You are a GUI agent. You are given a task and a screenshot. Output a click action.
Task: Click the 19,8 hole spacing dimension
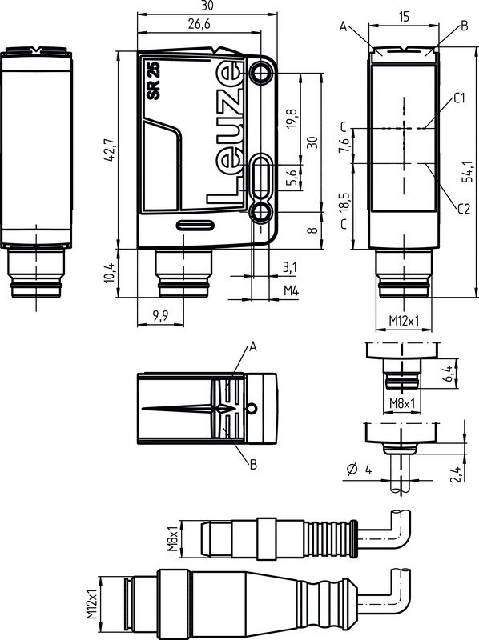click(x=292, y=118)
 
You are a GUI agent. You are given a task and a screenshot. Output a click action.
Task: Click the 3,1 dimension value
click(x=289, y=266)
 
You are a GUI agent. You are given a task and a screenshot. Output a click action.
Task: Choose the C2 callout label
click(x=462, y=210)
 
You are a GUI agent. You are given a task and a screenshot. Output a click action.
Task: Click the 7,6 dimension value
click(x=344, y=146)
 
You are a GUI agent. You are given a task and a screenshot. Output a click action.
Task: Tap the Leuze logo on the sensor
click(x=227, y=132)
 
